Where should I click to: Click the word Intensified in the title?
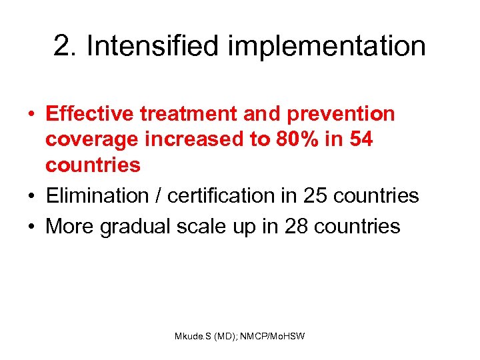click(x=151, y=46)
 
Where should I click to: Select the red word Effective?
click(x=90, y=114)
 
